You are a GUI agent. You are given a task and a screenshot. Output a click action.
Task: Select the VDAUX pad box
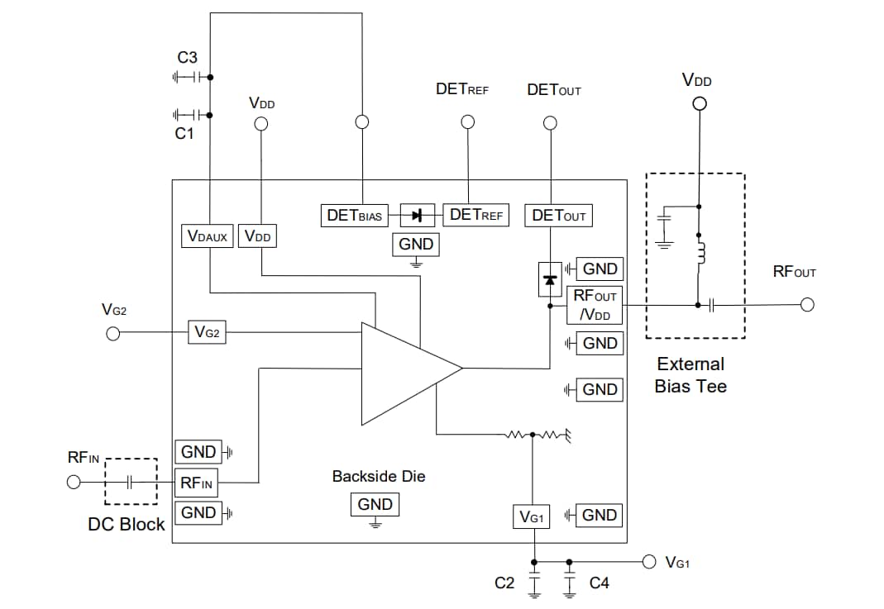point(208,236)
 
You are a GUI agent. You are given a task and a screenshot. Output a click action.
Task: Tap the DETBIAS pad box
point(354,216)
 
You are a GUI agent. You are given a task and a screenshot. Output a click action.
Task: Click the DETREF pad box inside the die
point(475,215)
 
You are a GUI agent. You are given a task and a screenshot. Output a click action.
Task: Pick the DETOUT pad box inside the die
point(559,216)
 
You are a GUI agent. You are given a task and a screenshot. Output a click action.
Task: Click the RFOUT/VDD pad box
point(595,305)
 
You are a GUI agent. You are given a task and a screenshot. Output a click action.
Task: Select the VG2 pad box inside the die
point(207,332)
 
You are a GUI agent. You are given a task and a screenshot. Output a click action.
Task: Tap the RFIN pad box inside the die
point(197,483)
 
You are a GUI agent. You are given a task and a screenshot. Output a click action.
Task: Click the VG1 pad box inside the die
point(531,517)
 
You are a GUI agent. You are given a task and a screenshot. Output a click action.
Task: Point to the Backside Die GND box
point(375,505)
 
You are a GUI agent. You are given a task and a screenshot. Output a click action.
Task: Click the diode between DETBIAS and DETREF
point(418,216)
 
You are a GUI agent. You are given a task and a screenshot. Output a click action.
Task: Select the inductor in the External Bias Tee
point(700,254)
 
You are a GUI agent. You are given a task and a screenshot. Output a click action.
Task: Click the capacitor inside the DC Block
point(130,482)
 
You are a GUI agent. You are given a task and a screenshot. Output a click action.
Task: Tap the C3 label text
point(188,59)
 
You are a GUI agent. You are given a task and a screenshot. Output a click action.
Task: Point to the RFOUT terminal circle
point(807,305)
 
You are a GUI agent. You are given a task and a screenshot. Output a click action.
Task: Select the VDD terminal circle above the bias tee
point(699,104)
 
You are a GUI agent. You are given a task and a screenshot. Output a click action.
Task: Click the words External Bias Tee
point(690,375)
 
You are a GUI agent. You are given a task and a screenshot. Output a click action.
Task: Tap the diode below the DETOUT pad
point(549,280)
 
